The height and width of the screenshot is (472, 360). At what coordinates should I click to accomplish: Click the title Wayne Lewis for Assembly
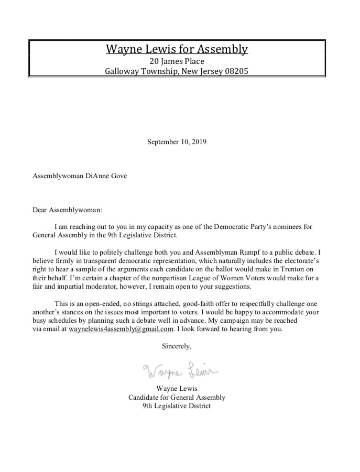[x=177, y=50]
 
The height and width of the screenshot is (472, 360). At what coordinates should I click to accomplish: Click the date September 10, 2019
[x=177, y=141]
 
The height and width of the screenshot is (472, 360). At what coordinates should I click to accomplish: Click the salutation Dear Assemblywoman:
[x=68, y=210]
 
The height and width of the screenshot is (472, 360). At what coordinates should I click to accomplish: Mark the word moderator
[x=102, y=287]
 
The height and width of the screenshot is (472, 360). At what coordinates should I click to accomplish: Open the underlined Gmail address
[x=121, y=329]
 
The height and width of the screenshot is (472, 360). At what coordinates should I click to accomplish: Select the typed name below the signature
[x=177, y=389]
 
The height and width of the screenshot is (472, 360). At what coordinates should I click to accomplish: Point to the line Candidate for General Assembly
[x=177, y=397]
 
